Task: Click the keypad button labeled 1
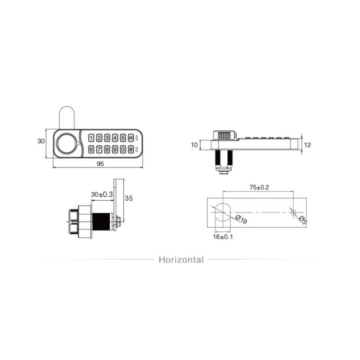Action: (91, 138)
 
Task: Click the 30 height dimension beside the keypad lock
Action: (41, 142)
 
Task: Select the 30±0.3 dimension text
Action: (102, 194)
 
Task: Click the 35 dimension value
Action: (129, 198)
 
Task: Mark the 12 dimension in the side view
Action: (307, 144)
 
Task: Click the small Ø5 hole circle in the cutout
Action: (293, 212)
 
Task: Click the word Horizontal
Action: (181, 259)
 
